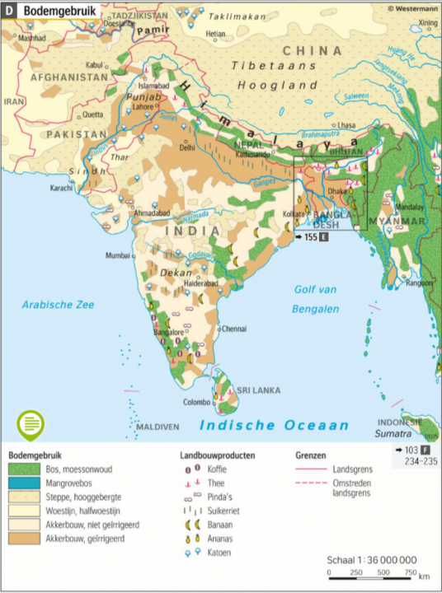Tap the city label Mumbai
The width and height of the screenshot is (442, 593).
(118, 255)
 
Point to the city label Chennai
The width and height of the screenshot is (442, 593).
(234, 328)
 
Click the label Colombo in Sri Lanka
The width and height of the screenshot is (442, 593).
(197, 402)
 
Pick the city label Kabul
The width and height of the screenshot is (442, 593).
(96, 63)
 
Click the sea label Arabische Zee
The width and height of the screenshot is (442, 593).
(58, 305)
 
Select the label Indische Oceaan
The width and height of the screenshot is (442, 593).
(275, 425)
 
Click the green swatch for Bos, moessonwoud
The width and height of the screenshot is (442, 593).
(25, 469)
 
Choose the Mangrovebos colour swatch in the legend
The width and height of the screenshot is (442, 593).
(25, 483)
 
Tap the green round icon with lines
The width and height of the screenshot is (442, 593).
(31, 424)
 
